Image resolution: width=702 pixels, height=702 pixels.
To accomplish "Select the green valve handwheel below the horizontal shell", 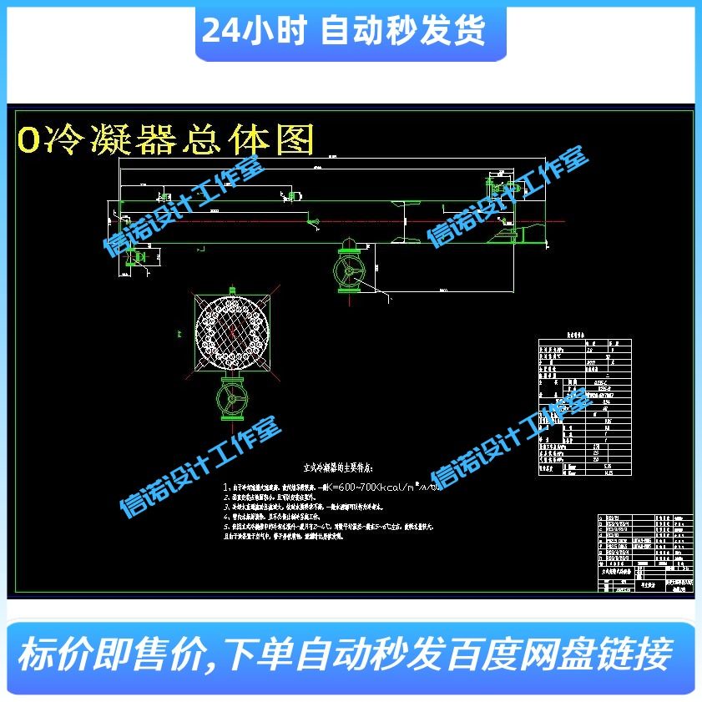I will [349, 271].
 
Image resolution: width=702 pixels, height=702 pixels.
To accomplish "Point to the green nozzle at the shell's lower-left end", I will [134, 256].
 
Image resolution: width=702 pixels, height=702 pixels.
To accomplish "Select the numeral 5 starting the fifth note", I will [226, 528].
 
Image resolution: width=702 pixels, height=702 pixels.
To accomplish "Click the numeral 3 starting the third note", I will [226, 507].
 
